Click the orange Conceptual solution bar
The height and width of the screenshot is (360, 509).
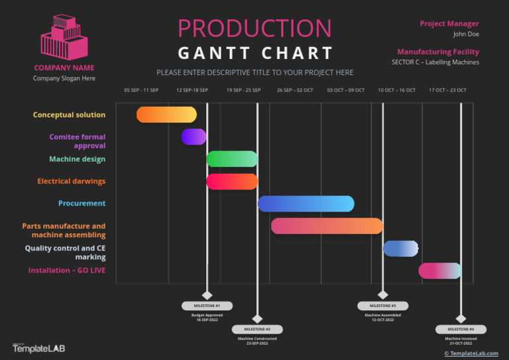pos(166,115)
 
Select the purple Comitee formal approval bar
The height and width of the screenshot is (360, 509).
pos(194,137)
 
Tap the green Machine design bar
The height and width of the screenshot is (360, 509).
pos(231,159)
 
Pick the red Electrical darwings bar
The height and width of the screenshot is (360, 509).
pos(231,182)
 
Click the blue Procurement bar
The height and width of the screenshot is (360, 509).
pos(306,204)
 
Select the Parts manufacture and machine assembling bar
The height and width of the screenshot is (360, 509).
pos(327,226)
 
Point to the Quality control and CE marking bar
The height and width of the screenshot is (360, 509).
pos(400,249)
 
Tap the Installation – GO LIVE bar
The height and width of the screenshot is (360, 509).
pos(439,270)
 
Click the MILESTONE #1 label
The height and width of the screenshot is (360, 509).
pos(207,306)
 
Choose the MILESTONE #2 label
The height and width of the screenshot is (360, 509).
pos(257,329)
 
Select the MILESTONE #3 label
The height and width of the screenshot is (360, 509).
pos(383,306)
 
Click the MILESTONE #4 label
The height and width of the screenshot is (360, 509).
pos(461,329)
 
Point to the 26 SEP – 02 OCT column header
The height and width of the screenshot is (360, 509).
pos(295,90)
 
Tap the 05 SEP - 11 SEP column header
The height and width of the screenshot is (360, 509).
pos(141,90)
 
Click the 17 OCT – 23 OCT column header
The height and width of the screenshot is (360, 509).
pos(447,90)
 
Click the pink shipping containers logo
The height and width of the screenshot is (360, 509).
pos(64,37)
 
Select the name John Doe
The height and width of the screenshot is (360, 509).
pos(466,34)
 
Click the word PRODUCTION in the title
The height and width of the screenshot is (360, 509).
pos(254,28)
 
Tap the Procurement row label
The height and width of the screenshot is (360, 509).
pos(82,204)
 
